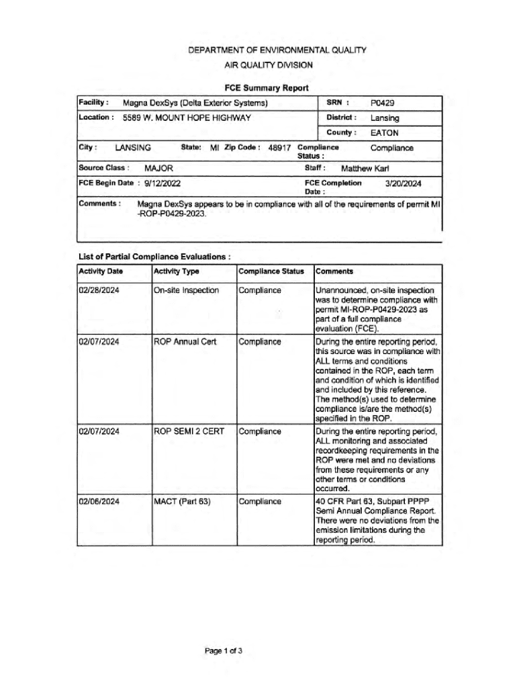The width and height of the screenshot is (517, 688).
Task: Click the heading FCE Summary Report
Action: point(267,88)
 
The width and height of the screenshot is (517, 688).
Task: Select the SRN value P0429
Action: point(383,103)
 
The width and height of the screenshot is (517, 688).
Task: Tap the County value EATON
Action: point(384,132)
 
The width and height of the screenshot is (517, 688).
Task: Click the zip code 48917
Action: point(279,148)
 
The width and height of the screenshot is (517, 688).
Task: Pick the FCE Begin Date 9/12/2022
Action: point(158,183)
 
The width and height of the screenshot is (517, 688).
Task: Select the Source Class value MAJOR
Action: point(159,168)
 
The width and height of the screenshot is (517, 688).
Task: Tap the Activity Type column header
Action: point(177,271)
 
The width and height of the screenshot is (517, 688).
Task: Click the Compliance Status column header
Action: point(271,271)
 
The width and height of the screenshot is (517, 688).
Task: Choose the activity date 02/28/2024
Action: point(99,290)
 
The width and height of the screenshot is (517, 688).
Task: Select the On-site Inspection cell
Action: point(186,290)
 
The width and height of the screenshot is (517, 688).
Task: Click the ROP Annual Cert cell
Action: point(185,342)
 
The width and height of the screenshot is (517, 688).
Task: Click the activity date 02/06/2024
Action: point(99,501)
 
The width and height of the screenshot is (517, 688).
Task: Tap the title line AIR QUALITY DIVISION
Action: point(268,65)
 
